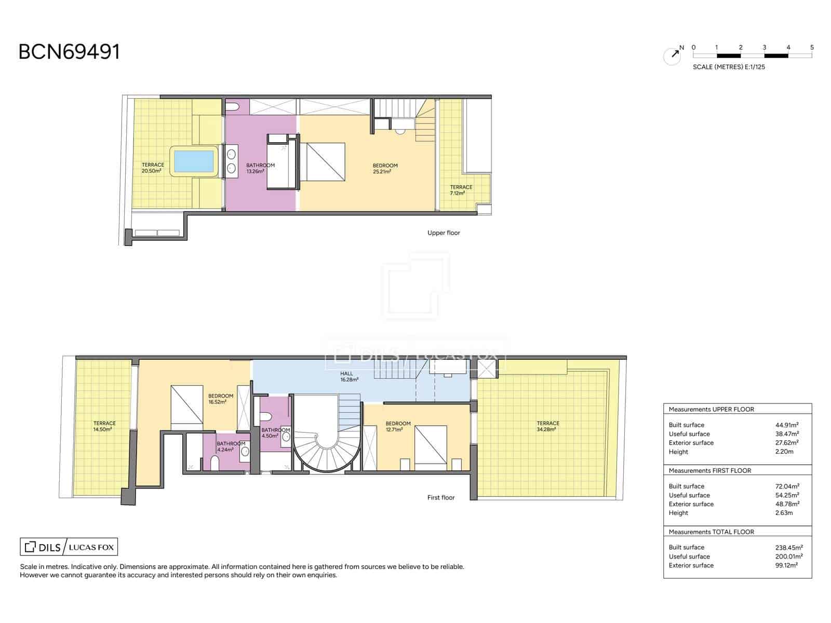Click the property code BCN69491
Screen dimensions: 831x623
(x=69, y=52)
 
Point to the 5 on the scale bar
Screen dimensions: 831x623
(x=812, y=48)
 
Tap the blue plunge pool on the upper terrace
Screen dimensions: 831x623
(x=194, y=161)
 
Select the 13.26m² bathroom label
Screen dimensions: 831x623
(x=261, y=168)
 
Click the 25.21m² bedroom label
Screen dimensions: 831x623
(x=385, y=168)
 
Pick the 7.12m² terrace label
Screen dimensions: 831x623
(x=461, y=190)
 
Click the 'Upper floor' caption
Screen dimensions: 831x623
(x=444, y=233)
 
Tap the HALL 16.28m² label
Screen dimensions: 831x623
(x=349, y=376)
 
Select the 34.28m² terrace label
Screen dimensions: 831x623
(x=547, y=426)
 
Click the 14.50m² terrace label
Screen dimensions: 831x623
(x=104, y=426)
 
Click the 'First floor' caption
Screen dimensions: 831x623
(x=440, y=498)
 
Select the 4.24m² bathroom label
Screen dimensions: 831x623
(x=231, y=446)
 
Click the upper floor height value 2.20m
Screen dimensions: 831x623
(x=784, y=452)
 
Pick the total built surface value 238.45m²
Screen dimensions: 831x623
(x=788, y=547)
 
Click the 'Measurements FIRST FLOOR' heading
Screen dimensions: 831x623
(x=710, y=470)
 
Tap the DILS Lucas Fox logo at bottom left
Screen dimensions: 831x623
(x=69, y=547)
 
